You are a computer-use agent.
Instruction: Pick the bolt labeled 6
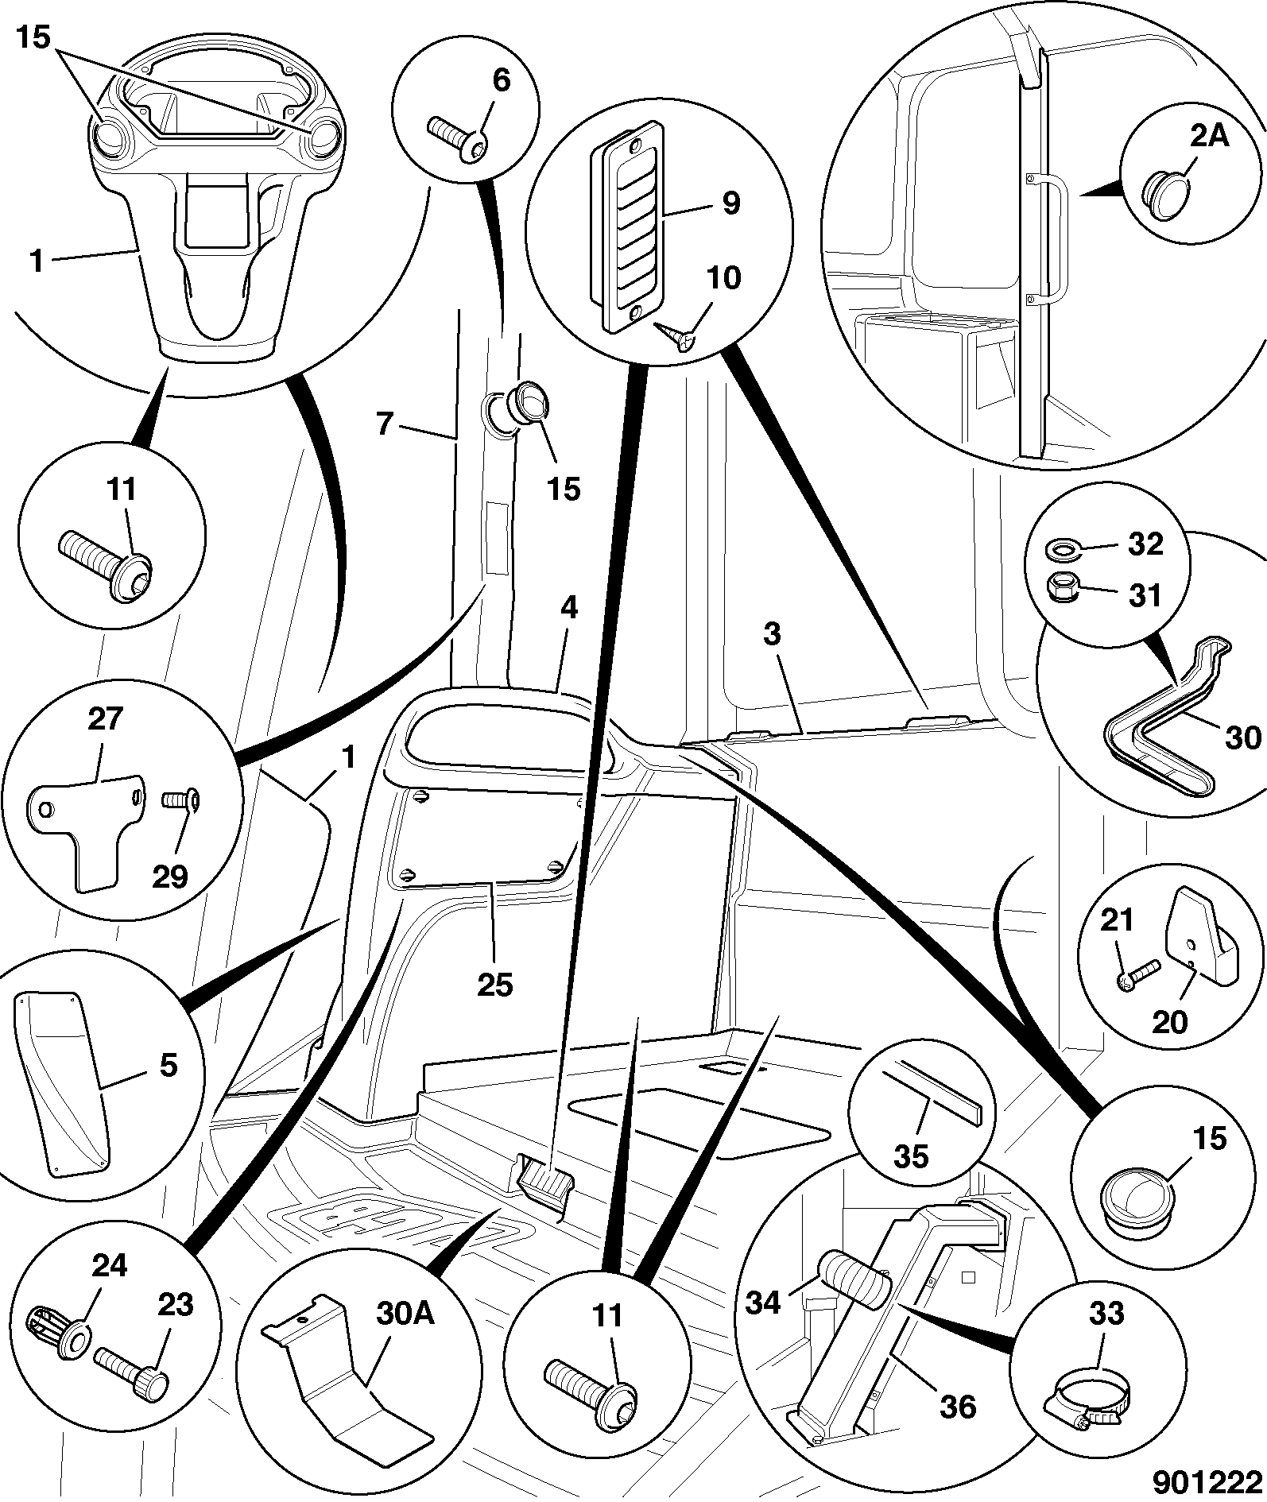(x=459, y=139)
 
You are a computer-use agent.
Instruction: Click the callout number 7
(x=385, y=424)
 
